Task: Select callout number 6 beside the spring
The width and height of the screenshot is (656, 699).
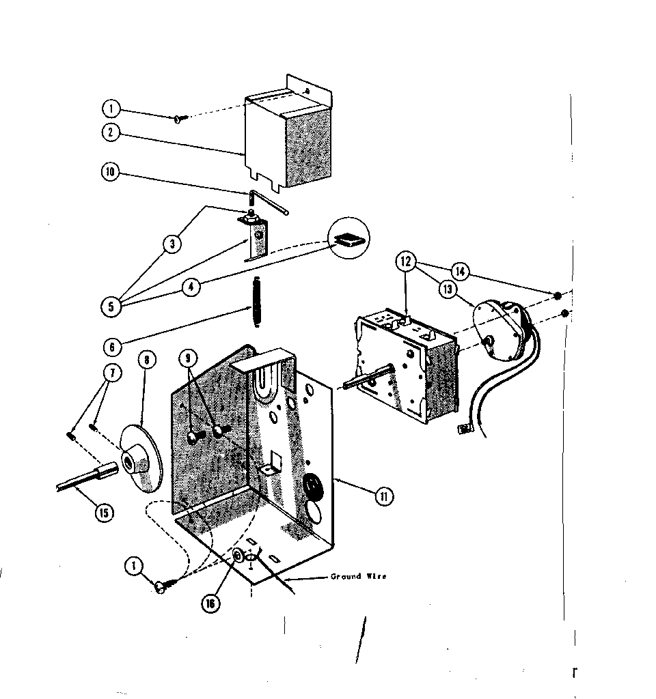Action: (x=111, y=346)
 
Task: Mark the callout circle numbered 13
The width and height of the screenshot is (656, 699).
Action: (x=448, y=290)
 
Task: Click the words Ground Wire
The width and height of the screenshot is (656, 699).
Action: (x=358, y=577)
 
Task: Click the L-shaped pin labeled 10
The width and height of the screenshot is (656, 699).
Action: (x=269, y=203)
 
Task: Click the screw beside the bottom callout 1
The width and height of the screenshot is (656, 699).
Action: (x=166, y=584)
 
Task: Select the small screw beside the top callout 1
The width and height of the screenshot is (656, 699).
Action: (x=181, y=119)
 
